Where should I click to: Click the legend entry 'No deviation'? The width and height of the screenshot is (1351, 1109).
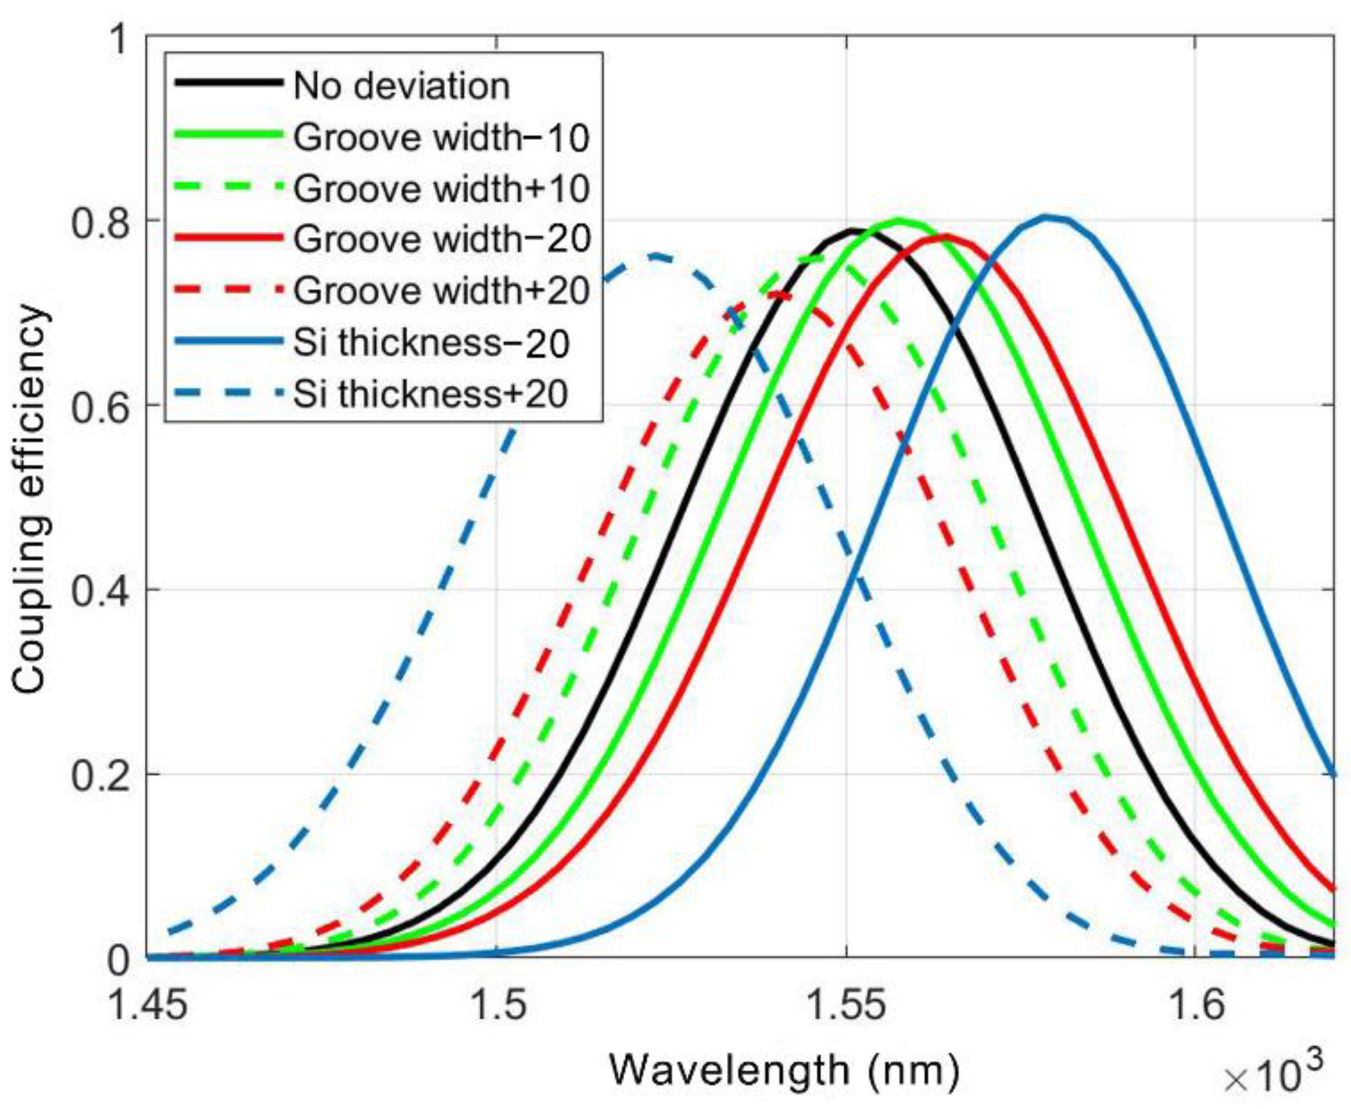(x=401, y=86)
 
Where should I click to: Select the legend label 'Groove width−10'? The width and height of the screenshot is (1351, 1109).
(x=441, y=137)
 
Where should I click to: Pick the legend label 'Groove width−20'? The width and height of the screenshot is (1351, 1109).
(x=441, y=238)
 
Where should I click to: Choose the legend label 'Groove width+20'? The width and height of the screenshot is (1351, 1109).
(x=441, y=290)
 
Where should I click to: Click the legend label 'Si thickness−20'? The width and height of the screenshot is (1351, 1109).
(x=431, y=343)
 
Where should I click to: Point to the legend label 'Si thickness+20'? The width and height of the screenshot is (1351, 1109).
(x=431, y=394)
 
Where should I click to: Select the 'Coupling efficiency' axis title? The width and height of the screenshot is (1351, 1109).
(x=30, y=499)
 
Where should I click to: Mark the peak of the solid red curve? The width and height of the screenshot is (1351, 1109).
(x=946, y=235)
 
